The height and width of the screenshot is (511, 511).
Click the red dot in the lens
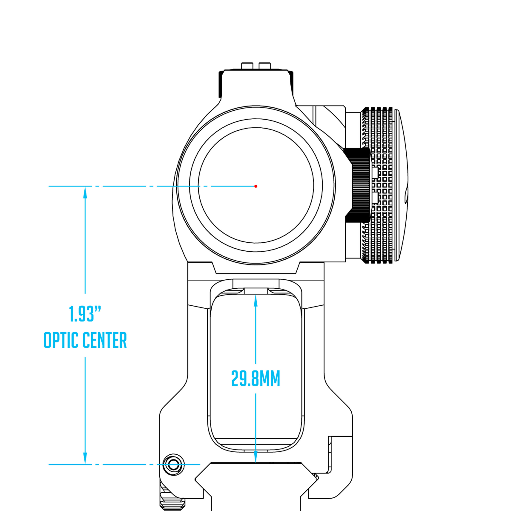click(255, 186)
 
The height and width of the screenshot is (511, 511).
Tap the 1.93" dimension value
click(85, 314)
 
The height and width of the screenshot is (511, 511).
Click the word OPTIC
click(61, 340)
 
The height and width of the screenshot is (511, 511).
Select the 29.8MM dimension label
click(255, 379)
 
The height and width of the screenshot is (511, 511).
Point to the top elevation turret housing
click(256, 85)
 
